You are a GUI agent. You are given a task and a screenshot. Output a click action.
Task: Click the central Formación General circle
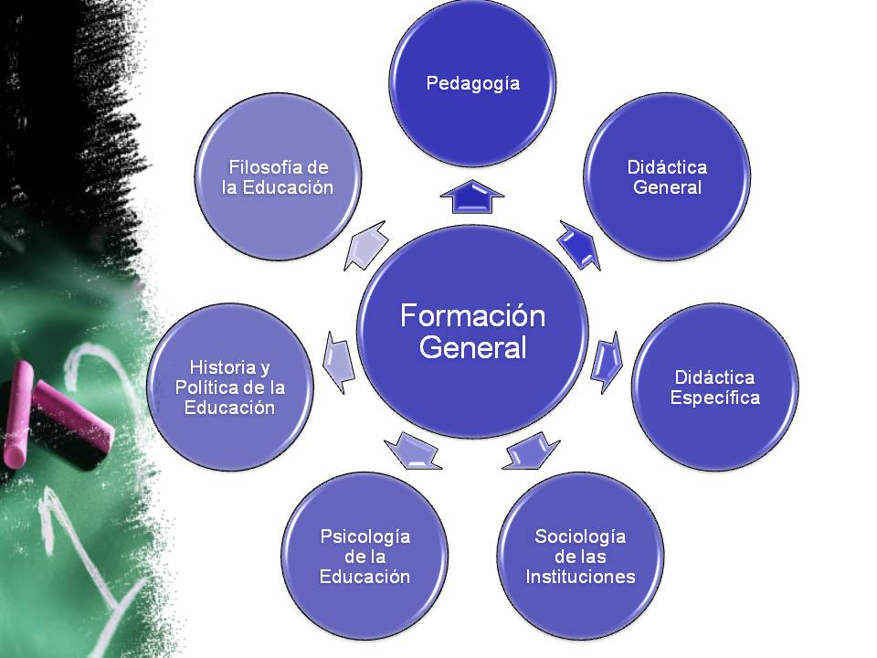[472, 331]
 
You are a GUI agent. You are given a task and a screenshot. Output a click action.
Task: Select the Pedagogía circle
[472, 83]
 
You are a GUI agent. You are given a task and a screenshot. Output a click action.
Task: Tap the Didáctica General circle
[667, 176]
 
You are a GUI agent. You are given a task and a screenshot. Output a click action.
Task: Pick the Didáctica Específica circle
[714, 387]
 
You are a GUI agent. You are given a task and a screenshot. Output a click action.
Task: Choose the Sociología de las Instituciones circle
[581, 557]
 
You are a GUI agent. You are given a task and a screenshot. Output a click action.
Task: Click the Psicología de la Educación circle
[365, 557]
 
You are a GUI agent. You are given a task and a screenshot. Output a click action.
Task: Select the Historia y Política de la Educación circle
[230, 387]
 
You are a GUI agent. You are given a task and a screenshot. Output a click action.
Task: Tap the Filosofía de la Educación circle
[278, 176]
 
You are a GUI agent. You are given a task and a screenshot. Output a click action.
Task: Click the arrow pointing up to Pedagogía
[472, 196]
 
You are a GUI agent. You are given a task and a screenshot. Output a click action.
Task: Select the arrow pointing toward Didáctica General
[579, 245]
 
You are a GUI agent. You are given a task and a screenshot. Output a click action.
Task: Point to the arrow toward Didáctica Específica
[607, 362]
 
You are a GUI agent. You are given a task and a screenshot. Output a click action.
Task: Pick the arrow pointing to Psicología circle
[413, 451]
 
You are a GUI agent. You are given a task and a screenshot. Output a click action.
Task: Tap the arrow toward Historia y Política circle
[339, 363]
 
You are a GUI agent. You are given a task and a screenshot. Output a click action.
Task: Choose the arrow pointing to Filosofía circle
[365, 245]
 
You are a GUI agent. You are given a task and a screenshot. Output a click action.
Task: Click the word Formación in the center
[472, 315]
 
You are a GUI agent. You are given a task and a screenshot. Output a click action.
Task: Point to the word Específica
[714, 398]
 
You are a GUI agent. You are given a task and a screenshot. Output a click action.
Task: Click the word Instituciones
[581, 577]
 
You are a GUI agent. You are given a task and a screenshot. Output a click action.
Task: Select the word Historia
[216, 367]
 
